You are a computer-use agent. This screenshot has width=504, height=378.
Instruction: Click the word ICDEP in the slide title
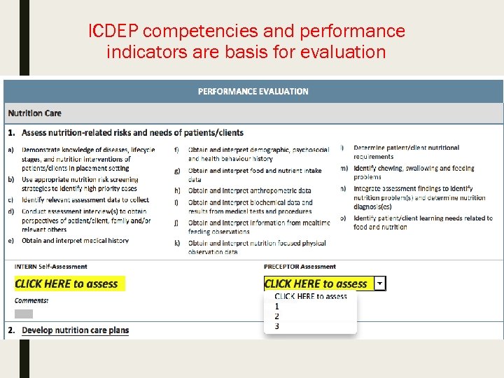pyautogui.click(x=115, y=31)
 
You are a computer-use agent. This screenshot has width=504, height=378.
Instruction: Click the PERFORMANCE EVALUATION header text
pyautogui.click(x=253, y=91)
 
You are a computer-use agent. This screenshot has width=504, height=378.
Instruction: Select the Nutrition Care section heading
pyautogui.click(x=34, y=113)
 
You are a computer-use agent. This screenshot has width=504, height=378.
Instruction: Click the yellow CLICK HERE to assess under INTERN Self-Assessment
pyautogui.click(x=66, y=283)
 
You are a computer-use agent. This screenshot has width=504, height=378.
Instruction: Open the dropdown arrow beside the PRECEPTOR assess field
pyautogui.click(x=379, y=283)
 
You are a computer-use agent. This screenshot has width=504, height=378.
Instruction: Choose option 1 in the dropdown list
pyautogui.click(x=277, y=306)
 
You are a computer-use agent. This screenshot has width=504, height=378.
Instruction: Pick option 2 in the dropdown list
pyautogui.click(x=277, y=316)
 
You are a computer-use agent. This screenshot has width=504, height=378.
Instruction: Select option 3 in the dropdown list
pyautogui.click(x=277, y=325)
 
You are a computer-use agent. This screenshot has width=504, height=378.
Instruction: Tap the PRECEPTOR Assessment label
pyautogui.click(x=300, y=267)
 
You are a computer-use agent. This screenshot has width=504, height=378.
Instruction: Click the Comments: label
pyautogui.click(x=31, y=300)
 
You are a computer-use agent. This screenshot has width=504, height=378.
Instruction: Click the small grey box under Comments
pyautogui.click(x=24, y=314)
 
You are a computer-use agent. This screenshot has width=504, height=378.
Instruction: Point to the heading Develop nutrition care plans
pyautogui.click(x=75, y=330)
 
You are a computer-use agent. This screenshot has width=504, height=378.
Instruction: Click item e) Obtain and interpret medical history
pyautogui.click(x=75, y=240)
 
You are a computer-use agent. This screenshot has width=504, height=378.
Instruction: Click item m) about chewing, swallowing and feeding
pyautogui.click(x=413, y=172)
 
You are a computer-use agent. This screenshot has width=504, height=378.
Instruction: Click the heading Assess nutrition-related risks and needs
pyautogui.click(x=132, y=132)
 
